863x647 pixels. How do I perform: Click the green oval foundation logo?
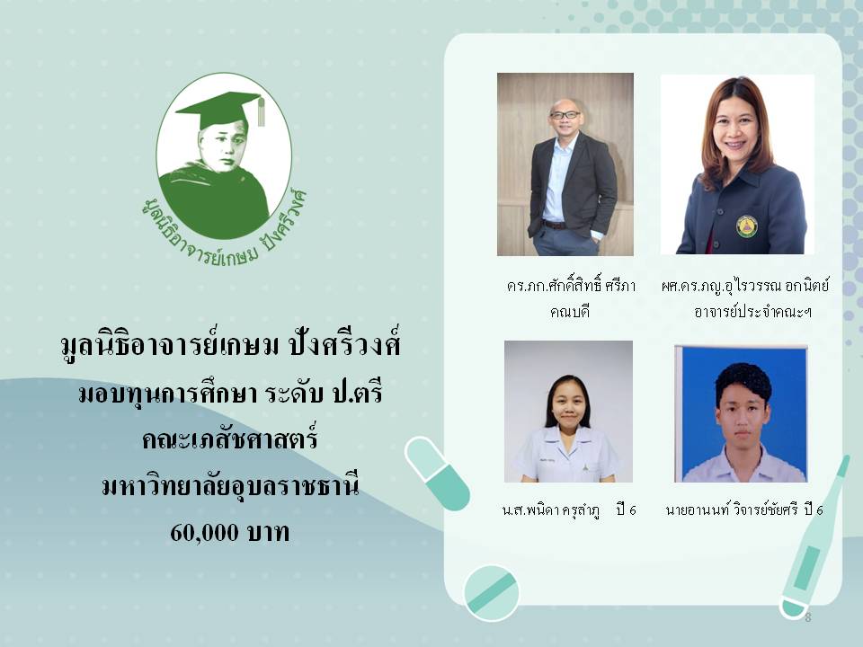tap(224, 157)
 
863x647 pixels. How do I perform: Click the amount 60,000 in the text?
tap(204, 533)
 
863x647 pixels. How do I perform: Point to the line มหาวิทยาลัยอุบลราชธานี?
tap(231, 486)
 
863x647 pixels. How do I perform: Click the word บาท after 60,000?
tap(268, 533)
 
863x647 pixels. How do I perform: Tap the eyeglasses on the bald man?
tap(565, 115)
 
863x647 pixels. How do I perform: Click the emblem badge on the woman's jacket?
tap(746, 226)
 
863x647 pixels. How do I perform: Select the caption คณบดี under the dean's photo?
tap(570, 312)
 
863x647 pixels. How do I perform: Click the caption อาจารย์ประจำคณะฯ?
tap(752, 312)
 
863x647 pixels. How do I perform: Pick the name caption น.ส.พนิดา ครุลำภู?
tap(551, 510)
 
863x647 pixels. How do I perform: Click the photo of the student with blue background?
tap(741, 413)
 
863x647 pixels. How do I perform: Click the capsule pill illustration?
tap(438, 474)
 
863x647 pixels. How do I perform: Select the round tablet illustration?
tap(491, 592)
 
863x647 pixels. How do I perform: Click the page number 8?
tap(808, 617)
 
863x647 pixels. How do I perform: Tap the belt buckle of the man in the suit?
tap(552, 225)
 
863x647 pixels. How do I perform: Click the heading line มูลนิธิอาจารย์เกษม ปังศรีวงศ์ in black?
tap(230, 345)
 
